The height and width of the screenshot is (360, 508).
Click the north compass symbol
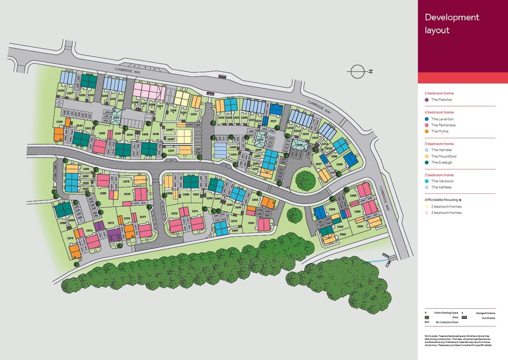coord(358,72)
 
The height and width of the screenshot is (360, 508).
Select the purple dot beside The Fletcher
coord(427,100)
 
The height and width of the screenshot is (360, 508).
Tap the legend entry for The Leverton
coord(442,119)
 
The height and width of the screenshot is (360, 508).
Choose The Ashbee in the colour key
coord(441,187)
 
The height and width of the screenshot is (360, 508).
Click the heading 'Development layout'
coord(452,24)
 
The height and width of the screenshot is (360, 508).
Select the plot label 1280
coord(103,193)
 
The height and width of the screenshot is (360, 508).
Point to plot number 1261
coord(251,223)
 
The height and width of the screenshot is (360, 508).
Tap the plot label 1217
coord(273,121)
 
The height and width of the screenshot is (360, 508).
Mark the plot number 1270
coord(174,213)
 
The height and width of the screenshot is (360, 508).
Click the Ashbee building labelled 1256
coord(299,146)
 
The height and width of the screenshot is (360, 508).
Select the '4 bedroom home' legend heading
coord(439,112)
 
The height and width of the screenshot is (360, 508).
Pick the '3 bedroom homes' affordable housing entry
coord(446,213)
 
